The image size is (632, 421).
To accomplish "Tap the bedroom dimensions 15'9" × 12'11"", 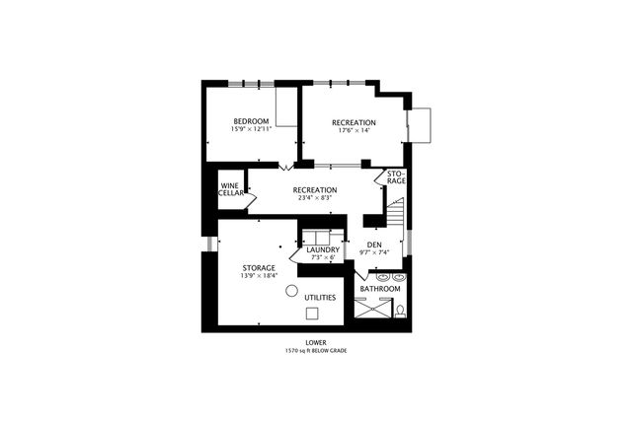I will coord(251,129).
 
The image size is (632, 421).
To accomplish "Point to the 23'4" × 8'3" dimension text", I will coord(316,197).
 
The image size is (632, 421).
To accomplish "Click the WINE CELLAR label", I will coord(231,189).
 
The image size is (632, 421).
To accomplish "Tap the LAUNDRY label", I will coord(323,249).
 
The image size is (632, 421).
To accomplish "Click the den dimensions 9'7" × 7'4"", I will coord(374,252).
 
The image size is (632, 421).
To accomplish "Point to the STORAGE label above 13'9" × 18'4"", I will coord(259,267).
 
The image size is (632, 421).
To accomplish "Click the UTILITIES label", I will coord(320,297).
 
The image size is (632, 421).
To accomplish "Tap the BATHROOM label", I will coord(380,289).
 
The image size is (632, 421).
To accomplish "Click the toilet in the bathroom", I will coord(400,311).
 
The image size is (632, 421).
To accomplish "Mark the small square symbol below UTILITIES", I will coord(312,314).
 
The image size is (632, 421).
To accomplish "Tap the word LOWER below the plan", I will coord(316,342).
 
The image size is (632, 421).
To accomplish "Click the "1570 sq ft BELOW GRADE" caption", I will coord(316,350).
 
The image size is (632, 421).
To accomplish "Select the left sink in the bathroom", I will coord(379,277).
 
